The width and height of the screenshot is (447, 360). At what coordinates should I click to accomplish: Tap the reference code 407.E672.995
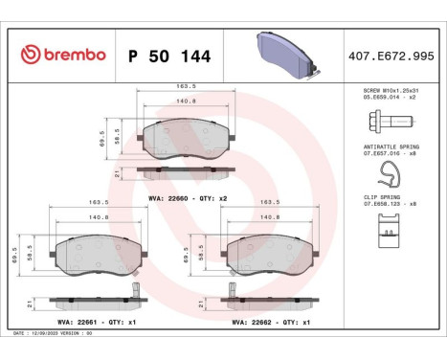(391, 56)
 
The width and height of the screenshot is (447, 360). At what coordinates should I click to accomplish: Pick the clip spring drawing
(388, 229)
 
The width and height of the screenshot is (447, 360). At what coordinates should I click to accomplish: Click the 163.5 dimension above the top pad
(185, 87)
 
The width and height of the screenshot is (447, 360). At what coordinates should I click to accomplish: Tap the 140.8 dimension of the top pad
(185, 100)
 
